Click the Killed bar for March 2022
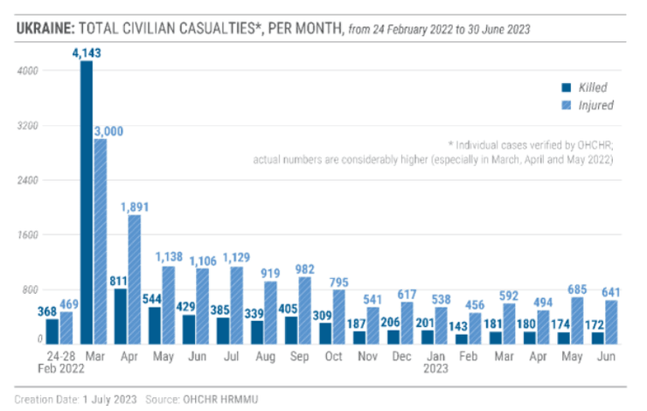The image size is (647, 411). (87, 201)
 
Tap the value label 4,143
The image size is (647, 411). (86, 53)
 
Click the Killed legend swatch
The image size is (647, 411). (566, 87)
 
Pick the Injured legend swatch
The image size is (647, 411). (566, 106)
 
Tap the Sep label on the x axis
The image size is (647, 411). (297, 358)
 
